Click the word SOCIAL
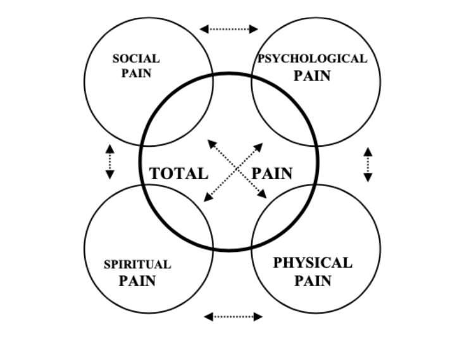click(x=136, y=59)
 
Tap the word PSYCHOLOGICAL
click(x=313, y=59)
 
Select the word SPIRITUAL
click(x=137, y=264)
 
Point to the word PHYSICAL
click(x=313, y=263)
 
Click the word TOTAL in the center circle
click(x=178, y=173)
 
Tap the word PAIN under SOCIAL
click(x=137, y=73)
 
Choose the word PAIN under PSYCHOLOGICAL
click(x=312, y=76)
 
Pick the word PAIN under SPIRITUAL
click(x=137, y=281)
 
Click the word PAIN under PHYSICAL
click(x=313, y=281)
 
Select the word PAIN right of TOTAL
click(x=272, y=173)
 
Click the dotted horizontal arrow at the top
click(x=229, y=29)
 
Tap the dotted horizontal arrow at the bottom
click(x=234, y=316)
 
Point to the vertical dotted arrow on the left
click(x=109, y=161)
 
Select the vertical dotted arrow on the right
click(x=368, y=164)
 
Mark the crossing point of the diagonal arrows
click(x=237, y=169)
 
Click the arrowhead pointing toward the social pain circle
click(x=211, y=144)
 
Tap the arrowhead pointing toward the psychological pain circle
click(x=259, y=147)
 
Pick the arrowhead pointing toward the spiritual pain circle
click(x=208, y=197)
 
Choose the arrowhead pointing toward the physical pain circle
click(x=262, y=194)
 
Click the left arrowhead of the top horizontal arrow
click(x=204, y=29)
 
